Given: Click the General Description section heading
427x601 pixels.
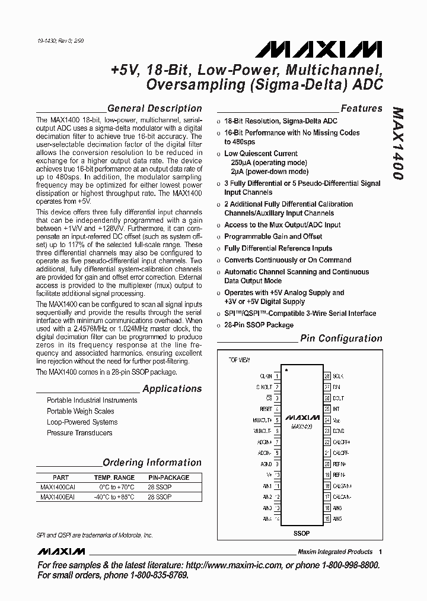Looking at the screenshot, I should coord(154,109).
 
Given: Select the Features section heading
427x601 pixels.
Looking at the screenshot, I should coord(361,109).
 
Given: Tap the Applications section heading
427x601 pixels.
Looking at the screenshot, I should coord(172,389).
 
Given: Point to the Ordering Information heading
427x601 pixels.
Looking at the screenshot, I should coord(152,463).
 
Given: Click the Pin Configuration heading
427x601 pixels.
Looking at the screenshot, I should coord(341,339).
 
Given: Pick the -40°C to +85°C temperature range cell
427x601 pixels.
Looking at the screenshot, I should coord(114,497).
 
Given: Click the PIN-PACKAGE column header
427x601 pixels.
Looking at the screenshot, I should coord(168,477).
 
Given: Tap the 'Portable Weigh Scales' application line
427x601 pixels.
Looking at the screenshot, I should coord(81,411).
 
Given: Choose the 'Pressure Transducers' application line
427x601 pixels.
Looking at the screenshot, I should coord(79,433).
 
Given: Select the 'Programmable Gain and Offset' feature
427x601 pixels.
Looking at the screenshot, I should coord(273,236).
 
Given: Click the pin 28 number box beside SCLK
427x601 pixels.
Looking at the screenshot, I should coord(327,377).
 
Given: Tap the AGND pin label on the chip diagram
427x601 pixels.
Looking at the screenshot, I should coord(266,464).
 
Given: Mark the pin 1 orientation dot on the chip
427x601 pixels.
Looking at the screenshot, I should coord(287,370).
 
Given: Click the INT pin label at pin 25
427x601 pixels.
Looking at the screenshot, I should coord(336,409).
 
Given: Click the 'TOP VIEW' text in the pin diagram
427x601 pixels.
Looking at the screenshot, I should coord(240,360).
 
